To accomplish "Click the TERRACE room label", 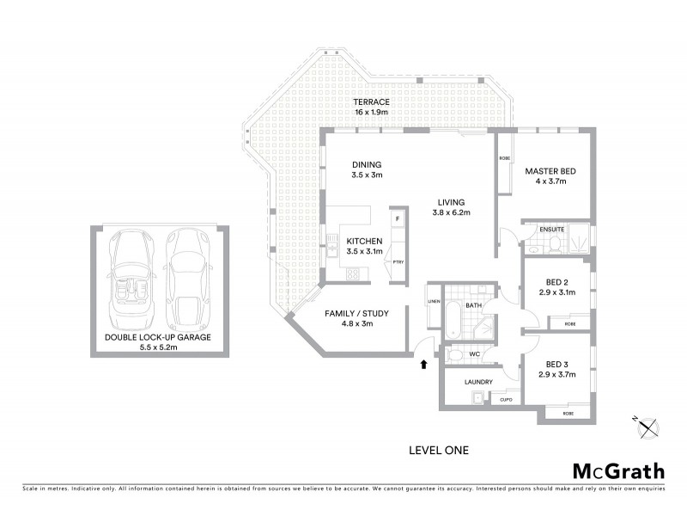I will pyautogui.click(x=372, y=101).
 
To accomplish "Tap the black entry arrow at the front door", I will pyautogui.click(x=423, y=365).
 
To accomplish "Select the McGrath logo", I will pyautogui.click(x=617, y=470).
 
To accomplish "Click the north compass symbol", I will pyautogui.click(x=647, y=426).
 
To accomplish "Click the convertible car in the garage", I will pyautogui.click(x=133, y=276).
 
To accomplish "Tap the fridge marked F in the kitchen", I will pyautogui.click(x=397, y=219).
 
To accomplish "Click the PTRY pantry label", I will pyautogui.click(x=398, y=262).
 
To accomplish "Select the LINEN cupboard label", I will pyautogui.click(x=434, y=301).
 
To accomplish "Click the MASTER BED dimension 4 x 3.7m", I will pyautogui.click(x=550, y=182).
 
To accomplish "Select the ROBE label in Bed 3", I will pyautogui.click(x=568, y=414).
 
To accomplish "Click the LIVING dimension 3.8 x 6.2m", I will pyautogui.click(x=451, y=212).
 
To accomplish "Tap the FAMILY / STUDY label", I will pyautogui.click(x=357, y=314).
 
